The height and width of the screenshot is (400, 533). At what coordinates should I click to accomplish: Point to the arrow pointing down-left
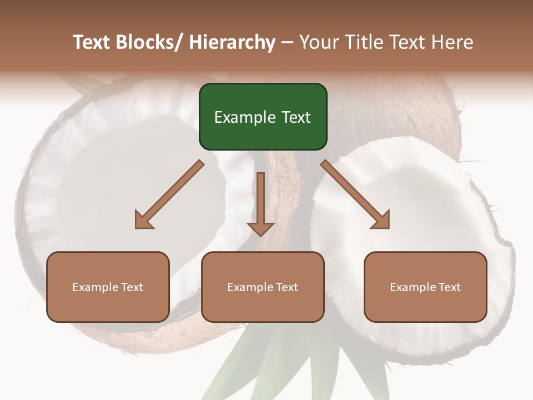point(169,194)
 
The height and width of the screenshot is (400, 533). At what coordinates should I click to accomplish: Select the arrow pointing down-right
point(355,194)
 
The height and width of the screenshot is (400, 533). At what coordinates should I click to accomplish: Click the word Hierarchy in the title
point(233,42)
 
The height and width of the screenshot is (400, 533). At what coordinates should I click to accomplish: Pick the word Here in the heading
point(453,42)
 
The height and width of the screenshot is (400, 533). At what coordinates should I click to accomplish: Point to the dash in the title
point(287,42)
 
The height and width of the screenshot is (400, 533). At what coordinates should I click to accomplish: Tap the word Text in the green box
point(295,117)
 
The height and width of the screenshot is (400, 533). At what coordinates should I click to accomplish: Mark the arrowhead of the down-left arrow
point(144,221)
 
